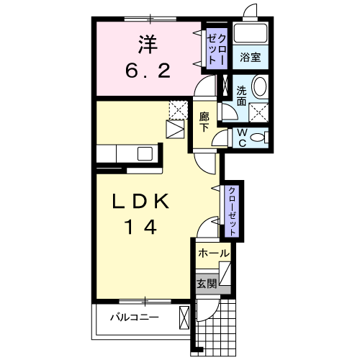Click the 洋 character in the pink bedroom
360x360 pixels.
pyautogui.click(x=148, y=45)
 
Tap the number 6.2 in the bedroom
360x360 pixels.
pyautogui.click(x=148, y=71)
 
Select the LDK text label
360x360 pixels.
pyautogui.click(x=141, y=201)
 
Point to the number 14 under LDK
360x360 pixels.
pyautogui.click(x=141, y=228)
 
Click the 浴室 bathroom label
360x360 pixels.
pyautogui.click(x=251, y=58)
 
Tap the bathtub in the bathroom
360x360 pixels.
pyautogui.click(x=251, y=33)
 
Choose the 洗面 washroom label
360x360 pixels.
pyautogui.click(x=241, y=96)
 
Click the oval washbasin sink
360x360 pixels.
pyautogui.click(x=260, y=86)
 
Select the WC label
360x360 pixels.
pyautogui.click(x=243, y=138)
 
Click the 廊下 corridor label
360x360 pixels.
pyautogui.click(x=204, y=122)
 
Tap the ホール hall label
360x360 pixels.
pyautogui.click(x=214, y=253)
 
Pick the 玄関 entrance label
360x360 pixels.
pyautogui.click(x=207, y=284)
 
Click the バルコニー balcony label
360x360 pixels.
pyautogui.click(x=135, y=318)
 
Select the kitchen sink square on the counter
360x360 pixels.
pyautogui.click(x=145, y=153)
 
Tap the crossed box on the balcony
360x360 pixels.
pyautogui.click(x=184, y=318)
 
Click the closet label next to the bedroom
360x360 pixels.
pyautogui.click(x=217, y=49)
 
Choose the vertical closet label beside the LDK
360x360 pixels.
pyautogui.click(x=232, y=211)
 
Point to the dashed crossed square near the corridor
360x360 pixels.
pyautogui.click(x=179, y=110)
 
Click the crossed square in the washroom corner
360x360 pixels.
pyautogui.click(x=258, y=112)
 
